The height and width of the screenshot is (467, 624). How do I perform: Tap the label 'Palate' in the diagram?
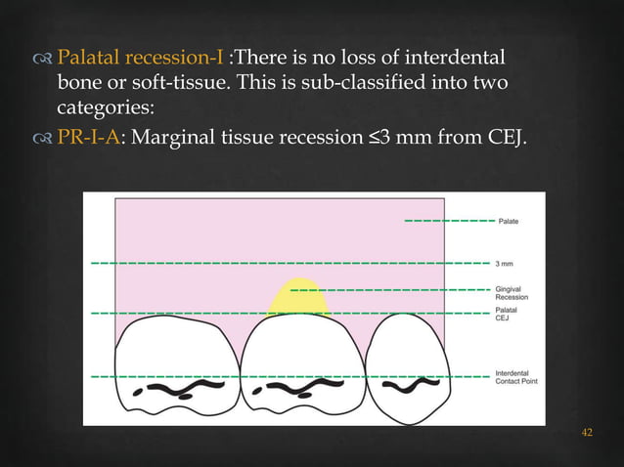coord(509,222)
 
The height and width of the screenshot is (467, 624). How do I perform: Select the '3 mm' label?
coord(505,264)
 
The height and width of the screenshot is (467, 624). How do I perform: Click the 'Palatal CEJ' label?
coord(506,314)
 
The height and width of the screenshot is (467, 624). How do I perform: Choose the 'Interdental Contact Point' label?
coord(513,378)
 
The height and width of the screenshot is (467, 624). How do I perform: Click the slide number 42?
coord(587,433)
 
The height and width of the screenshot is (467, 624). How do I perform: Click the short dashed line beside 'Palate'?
coord(447,222)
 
